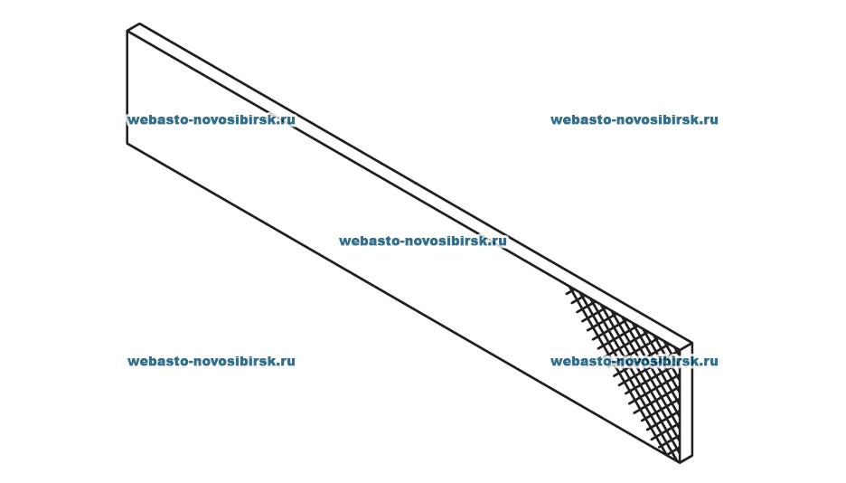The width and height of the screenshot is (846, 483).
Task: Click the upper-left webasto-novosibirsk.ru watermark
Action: (x=211, y=119)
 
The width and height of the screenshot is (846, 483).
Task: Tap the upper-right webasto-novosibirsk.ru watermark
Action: (x=634, y=119)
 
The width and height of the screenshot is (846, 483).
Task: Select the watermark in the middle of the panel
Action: (x=422, y=241)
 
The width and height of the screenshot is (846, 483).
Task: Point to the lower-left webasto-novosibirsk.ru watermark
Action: (x=211, y=361)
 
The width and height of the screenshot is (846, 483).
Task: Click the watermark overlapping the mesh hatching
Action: (x=634, y=361)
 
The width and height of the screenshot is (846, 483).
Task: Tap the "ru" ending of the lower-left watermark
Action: (x=287, y=361)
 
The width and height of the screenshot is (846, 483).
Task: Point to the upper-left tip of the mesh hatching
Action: (x=569, y=289)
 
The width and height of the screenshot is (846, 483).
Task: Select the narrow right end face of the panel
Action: (x=686, y=402)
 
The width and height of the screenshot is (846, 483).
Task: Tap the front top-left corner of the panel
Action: (x=127, y=32)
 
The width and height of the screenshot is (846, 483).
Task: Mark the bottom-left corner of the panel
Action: (x=127, y=143)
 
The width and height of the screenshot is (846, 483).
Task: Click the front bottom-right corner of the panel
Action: (x=680, y=462)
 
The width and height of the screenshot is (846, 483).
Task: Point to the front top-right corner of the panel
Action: (x=680, y=350)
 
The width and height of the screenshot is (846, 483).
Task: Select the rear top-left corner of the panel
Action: (x=140, y=24)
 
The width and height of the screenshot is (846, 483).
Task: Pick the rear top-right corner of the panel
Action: (x=692, y=343)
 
